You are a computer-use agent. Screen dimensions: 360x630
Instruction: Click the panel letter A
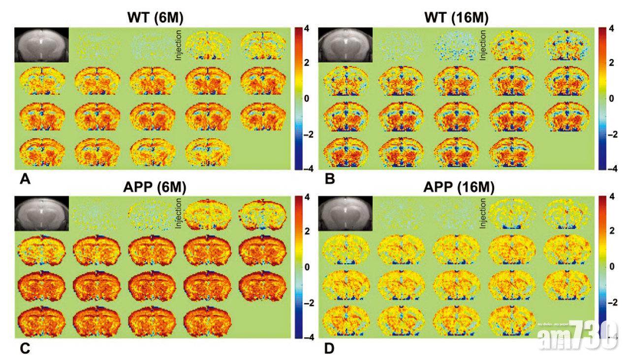point(25,181)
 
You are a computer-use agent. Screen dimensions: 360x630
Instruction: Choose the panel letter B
point(330,180)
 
